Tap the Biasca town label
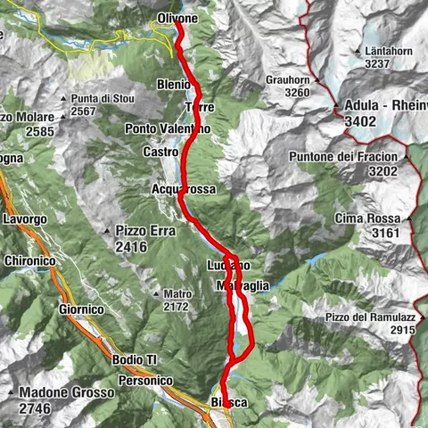(228, 404)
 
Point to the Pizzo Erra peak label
(148, 229)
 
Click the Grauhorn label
(287, 79)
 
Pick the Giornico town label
(79, 309)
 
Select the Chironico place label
(35, 261)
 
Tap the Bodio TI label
(135, 358)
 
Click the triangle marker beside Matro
(153, 292)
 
